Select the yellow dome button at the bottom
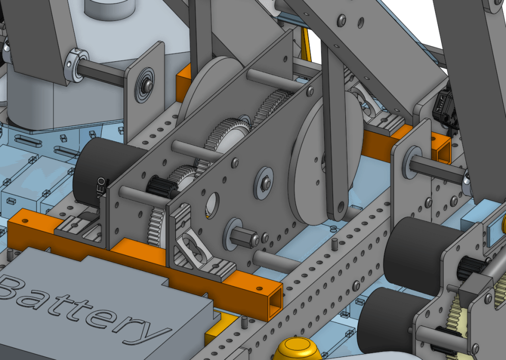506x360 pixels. [x=297, y=349]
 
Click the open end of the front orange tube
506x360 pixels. [x=274, y=301]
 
